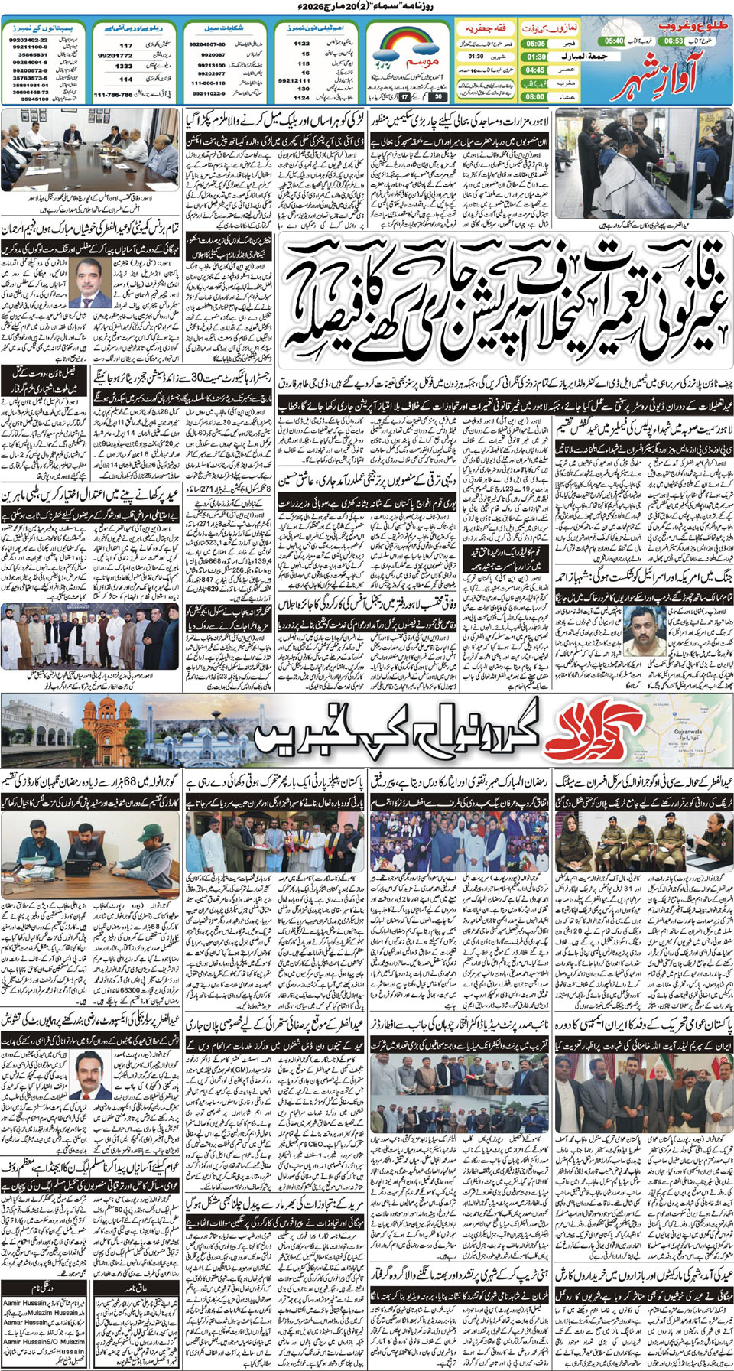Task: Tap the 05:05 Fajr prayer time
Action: [535, 44]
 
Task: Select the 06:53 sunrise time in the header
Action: [674, 41]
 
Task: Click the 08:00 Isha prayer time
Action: [535, 96]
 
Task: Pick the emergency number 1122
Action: [302, 44]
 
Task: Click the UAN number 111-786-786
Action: [113, 95]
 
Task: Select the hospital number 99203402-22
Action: [29, 39]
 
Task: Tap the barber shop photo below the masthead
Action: [643, 163]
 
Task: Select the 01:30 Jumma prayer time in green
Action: [536, 57]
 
